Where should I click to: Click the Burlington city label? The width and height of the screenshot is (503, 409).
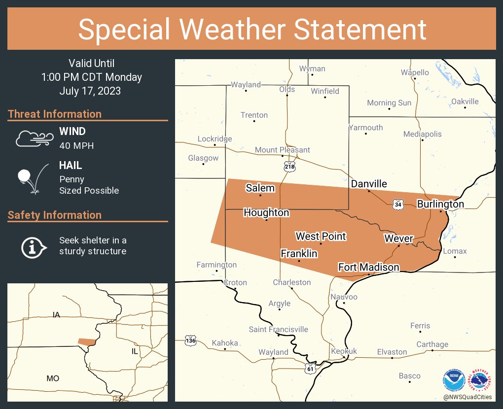click(440, 204)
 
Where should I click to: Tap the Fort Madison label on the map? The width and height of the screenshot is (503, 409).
click(368, 267)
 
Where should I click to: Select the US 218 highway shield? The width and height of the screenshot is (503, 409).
click(289, 167)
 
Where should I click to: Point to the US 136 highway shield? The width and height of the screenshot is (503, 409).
click(190, 340)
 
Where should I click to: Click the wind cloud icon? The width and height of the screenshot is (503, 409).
click(33, 138)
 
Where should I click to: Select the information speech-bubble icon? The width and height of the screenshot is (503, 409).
click(33, 246)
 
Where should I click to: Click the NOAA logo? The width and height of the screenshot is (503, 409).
click(453, 380)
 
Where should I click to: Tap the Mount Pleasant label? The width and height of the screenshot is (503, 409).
click(282, 150)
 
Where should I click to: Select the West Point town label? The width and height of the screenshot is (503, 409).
click(321, 237)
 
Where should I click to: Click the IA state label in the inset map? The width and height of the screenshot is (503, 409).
click(56, 314)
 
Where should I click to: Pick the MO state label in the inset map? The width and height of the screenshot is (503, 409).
click(53, 378)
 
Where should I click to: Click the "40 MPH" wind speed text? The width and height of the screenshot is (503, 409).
click(76, 145)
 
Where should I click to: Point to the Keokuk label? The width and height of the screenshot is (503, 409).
click(344, 351)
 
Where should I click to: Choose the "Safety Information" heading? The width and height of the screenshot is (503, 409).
click(55, 215)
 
